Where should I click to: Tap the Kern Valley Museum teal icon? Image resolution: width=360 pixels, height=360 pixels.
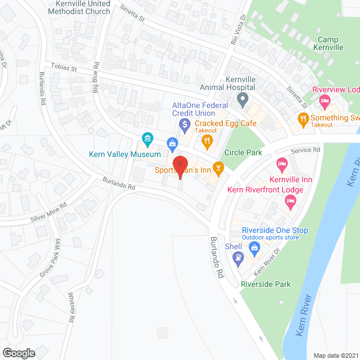pyautogui.click(x=147, y=138)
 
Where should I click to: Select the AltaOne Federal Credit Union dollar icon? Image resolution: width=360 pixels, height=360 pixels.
pyautogui.click(x=184, y=123)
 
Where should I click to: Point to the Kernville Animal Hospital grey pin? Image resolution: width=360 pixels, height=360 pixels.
pyautogui.click(x=242, y=101)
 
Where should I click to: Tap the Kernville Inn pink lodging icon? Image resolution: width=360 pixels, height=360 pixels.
pyautogui.click(x=282, y=165)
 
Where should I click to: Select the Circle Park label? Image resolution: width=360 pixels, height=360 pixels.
pyautogui.click(x=243, y=152)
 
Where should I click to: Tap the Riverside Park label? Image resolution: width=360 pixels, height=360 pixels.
pyautogui.click(x=265, y=284)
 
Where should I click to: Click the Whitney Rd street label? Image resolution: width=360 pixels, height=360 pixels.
pyautogui.click(x=71, y=306)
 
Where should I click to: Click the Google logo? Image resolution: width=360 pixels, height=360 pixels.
pyautogui.click(x=18, y=353)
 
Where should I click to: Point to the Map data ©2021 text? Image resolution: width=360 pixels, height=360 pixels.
pyautogui.click(x=335, y=355)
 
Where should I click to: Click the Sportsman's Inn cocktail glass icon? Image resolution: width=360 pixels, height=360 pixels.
pyautogui.click(x=218, y=167)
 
